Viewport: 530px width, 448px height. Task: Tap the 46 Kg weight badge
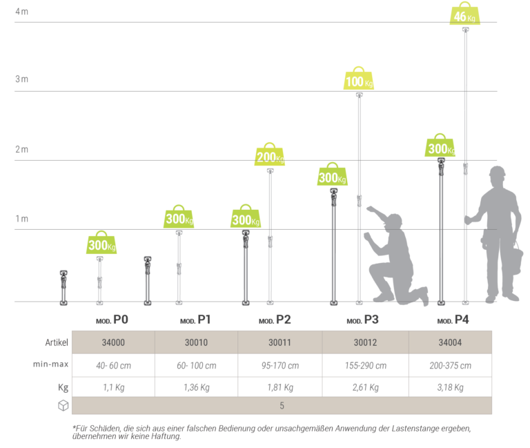[464, 15]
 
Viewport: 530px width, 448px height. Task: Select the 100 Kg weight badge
[358, 81]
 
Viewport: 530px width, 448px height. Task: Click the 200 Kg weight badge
[269, 156]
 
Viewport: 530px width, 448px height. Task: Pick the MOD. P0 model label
[112, 320]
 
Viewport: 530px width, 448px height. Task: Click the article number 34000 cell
[113, 342]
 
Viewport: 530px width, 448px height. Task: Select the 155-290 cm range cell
[366, 366]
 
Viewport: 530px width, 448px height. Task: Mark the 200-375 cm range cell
[451, 366]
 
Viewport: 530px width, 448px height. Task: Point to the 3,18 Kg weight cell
[451, 387]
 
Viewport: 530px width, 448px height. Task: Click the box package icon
[63, 406]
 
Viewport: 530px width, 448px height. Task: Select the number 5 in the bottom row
[282, 406]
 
